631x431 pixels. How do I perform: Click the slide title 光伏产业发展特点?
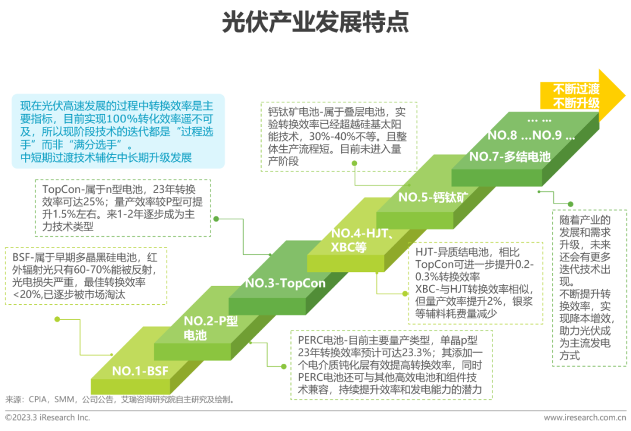[x=315, y=22]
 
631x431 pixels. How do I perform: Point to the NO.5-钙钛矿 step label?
[x=433, y=197]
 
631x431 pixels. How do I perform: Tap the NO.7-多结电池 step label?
[x=509, y=157]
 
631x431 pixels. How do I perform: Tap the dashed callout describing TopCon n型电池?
[x=123, y=208]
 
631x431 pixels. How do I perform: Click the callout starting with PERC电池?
[x=391, y=364]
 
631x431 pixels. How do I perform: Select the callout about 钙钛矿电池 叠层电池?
[x=338, y=135]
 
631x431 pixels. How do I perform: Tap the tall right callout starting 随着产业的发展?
[x=589, y=288]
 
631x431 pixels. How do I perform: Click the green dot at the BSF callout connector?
[x=57, y=319]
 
